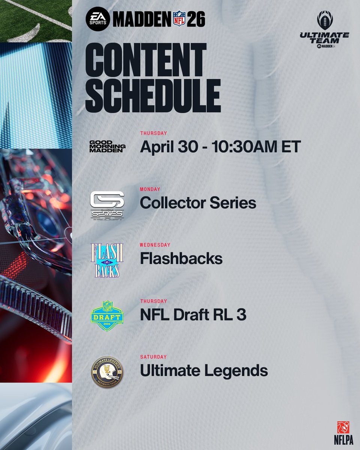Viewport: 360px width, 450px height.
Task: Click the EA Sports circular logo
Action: tap(97, 19)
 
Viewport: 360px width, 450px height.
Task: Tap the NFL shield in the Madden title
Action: tap(179, 19)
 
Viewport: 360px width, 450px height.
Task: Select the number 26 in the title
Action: tap(196, 19)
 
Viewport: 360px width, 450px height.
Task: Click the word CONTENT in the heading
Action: tap(146, 60)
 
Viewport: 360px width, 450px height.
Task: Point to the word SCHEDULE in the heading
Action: tap(153, 95)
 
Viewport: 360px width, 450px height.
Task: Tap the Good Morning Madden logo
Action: tap(107, 147)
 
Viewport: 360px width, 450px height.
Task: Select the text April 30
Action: tap(168, 147)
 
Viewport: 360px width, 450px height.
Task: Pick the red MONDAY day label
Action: tap(150, 189)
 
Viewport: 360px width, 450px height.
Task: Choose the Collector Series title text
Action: tap(198, 203)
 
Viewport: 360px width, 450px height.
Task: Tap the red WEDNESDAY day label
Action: tap(155, 245)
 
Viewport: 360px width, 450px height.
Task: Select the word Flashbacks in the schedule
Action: tap(181, 259)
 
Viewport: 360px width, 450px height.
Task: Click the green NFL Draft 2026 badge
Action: tap(107, 315)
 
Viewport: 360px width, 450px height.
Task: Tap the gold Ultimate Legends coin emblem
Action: tap(107, 372)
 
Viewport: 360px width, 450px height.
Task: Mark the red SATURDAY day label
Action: tap(153, 357)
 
